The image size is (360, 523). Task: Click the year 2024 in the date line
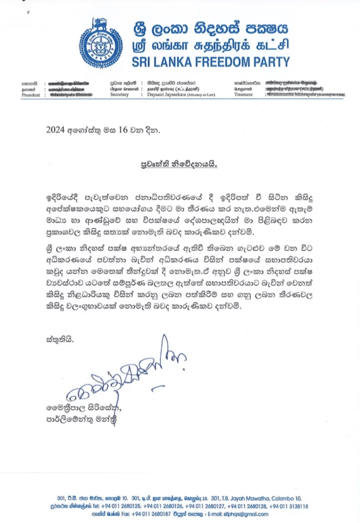pyautogui.click(x=55, y=130)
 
